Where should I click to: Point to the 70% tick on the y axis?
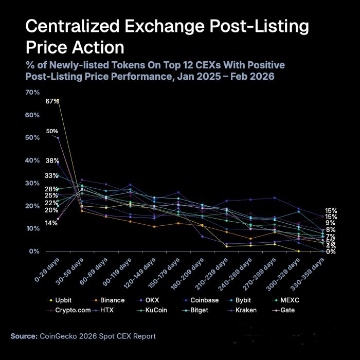[x=32, y=92]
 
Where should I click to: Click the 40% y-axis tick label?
[x=32, y=160]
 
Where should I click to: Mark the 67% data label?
[x=52, y=101]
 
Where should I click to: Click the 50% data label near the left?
[x=52, y=131]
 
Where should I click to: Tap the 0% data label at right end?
[x=331, y=251]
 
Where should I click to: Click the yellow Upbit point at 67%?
[x=58, y=99]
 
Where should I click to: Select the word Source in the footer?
[x=24, y=336]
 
